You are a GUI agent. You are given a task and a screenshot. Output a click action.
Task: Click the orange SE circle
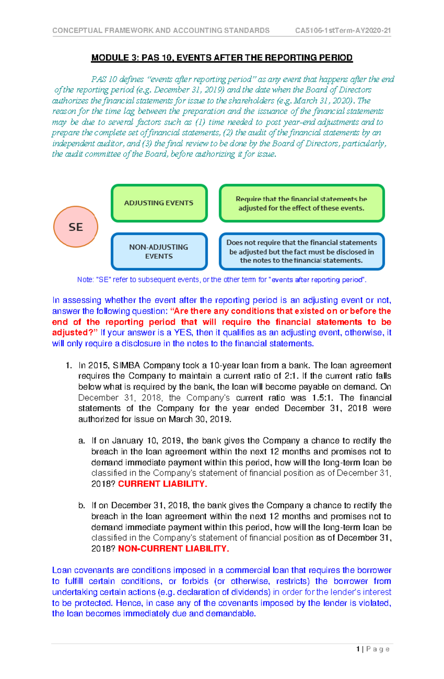point(76,227)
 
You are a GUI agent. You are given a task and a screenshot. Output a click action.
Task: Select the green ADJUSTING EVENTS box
point(159,203)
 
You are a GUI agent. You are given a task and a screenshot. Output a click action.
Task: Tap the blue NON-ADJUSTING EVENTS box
point(159,252)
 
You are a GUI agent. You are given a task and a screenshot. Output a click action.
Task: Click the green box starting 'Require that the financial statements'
point(302,204)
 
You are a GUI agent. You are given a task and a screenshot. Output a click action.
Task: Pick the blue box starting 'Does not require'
point(302,252)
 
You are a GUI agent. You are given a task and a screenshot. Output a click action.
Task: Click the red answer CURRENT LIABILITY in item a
point(162,484)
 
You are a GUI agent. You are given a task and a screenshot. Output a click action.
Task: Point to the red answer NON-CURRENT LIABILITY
point(173,549)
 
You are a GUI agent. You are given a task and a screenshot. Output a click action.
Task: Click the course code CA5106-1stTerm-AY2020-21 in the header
point(343,31)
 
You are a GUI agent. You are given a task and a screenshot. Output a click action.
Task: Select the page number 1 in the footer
point(358,649)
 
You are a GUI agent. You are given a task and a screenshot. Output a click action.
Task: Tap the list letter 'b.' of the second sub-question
point(82,506)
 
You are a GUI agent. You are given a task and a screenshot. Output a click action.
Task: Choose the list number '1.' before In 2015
point(68,366)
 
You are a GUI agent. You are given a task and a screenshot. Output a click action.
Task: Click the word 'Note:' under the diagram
point(85,280)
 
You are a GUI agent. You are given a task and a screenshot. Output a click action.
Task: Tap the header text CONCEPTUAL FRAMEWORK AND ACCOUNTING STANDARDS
point(161,31)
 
